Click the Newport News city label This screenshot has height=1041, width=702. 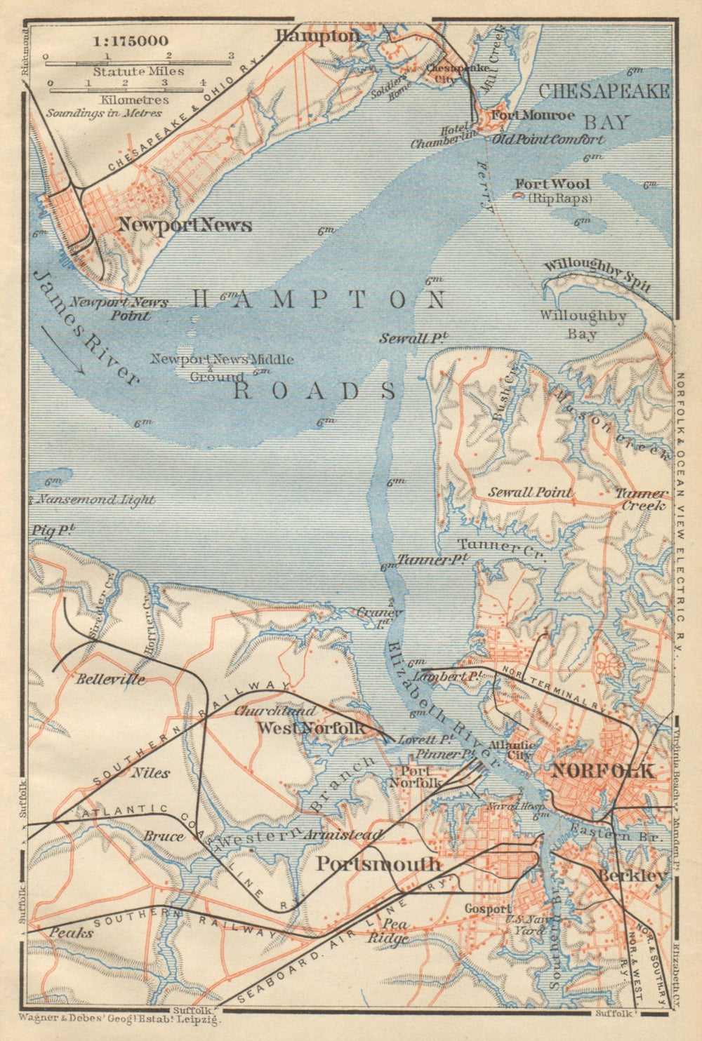tap(185, 225)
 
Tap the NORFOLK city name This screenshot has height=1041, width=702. tap(603, 770)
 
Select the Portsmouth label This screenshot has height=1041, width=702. tap(378, 864)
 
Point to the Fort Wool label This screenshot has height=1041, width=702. tap(553, 184)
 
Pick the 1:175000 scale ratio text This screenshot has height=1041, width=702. tap(131, 41)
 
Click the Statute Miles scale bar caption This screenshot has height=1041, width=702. tap(138, 72)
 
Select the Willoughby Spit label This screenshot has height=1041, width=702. tap(597, 274)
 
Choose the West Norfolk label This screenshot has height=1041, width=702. tap(310, 728)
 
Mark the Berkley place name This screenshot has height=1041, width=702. tap(631, 876)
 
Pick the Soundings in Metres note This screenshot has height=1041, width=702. tap(104, 112)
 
